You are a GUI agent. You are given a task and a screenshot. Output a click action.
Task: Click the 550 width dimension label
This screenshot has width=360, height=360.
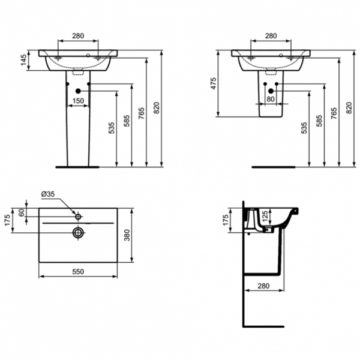pos(78,272)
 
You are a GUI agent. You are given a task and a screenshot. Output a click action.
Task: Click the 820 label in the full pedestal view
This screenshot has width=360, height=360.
pos(157,109)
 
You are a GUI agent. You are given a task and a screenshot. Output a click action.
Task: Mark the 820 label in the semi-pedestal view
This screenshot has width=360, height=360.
pos(350,109)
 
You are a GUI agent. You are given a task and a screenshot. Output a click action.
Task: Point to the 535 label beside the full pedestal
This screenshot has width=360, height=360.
pos(112,128)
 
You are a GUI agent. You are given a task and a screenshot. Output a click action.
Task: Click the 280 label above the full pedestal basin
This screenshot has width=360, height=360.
pos(77,36)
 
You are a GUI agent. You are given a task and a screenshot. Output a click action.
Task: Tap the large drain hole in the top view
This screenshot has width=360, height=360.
pos(77,232)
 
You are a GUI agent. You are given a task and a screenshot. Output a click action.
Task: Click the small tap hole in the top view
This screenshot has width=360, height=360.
pos(77,214)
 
